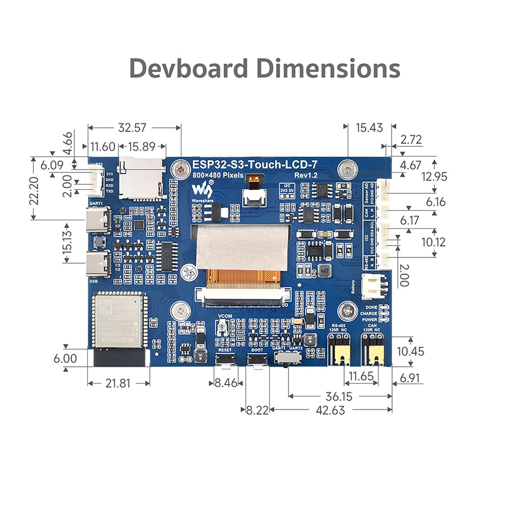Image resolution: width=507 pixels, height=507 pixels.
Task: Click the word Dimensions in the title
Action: [x=328, y=68]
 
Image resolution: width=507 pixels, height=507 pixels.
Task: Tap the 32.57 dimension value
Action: [x=134, y=128]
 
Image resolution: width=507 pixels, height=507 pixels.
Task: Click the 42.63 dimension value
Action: [x=330, y=411]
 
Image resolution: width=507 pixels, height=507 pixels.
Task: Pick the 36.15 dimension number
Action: [x=338, y=397]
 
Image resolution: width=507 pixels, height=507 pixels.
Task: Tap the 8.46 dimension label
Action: [x=227, y=384]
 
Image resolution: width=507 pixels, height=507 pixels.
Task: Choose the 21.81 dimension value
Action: [x=118, y=384]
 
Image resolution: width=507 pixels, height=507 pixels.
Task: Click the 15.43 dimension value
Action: [x=370, y=128]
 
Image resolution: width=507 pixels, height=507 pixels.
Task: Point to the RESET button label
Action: [x=225, y=350]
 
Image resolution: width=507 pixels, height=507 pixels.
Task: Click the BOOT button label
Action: [x=257, y=350]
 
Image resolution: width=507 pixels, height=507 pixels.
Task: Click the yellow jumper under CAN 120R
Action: [x=372, y=353]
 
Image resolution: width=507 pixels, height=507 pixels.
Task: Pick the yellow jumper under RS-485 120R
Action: [x=340, y=353]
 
